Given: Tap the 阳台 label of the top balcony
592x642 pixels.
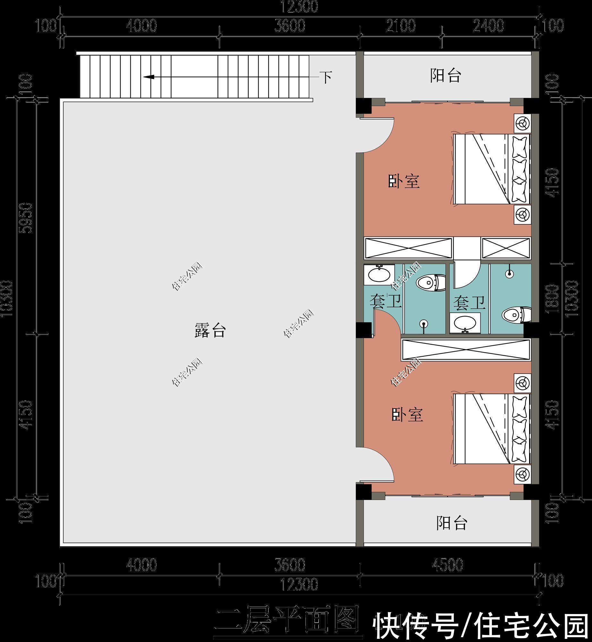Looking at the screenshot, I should pos(445,76).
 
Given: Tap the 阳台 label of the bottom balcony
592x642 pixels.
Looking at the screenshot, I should pos(451,523).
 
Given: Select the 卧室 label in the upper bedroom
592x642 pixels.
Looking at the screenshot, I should pos(404,181).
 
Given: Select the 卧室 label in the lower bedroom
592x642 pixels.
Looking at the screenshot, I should pos(407,415).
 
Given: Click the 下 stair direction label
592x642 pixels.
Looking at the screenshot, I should pos(326,77).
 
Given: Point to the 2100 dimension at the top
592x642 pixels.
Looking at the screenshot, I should pos(401,26).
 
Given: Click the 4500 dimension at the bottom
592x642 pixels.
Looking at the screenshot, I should pos(448,565).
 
